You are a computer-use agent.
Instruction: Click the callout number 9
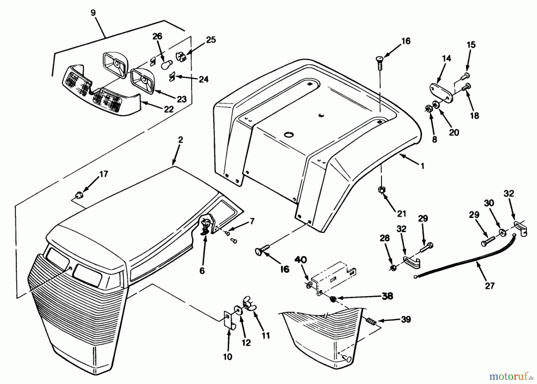[93, 13]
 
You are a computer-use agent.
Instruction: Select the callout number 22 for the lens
[169, 109]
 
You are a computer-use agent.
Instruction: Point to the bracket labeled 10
[228, 322]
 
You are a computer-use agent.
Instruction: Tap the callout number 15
[471, 45]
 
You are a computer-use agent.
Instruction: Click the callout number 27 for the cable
[490, 286]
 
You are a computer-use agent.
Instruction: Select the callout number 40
[301, 259]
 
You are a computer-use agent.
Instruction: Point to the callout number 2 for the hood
[180, 139]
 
